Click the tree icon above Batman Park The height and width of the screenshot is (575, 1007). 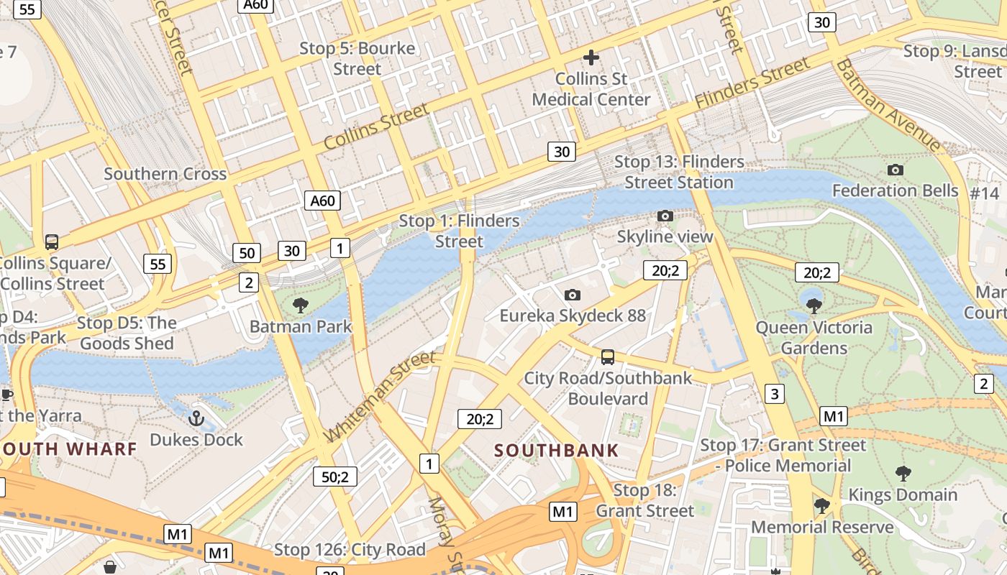[301, 305]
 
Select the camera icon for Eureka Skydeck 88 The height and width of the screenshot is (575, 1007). [573, 295]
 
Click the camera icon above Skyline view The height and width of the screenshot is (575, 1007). [665, 216]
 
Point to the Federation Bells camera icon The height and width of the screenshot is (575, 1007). [896, 170]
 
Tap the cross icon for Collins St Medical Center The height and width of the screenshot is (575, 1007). [591, 57]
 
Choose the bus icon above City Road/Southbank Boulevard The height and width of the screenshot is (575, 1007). [608, 356]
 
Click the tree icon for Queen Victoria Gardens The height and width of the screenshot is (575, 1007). [814, 306]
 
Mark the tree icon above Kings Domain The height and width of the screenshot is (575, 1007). [903, 474]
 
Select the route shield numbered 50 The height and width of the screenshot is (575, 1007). [247, 253]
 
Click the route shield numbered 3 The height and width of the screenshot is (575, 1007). [775, 394]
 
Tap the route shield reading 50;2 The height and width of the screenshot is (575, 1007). [335, 477]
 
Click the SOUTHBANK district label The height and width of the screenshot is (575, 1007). [556, 451]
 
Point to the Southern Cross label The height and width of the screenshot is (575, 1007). [165, 174]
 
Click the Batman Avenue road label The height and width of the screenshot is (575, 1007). [888, 105]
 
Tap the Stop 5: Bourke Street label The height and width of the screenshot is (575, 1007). [357, 59]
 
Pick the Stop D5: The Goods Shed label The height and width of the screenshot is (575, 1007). [127, 333]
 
